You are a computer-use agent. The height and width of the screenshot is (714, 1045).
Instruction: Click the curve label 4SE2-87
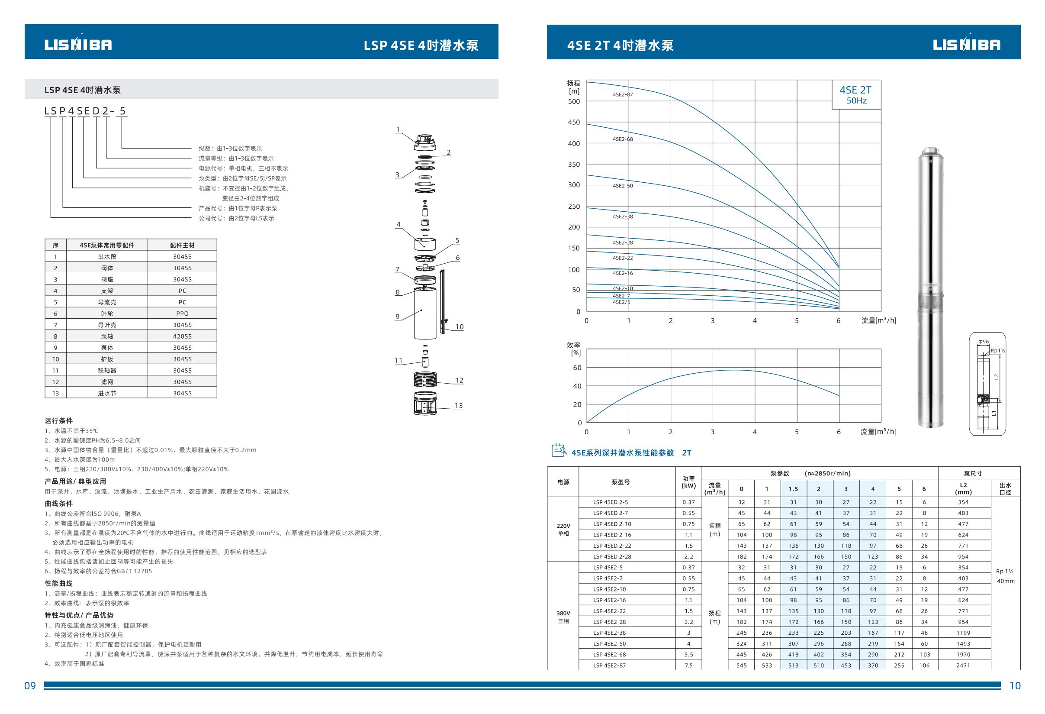(x=622, y=95)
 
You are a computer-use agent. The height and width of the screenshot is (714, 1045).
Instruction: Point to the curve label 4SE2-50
(x=622, y=186)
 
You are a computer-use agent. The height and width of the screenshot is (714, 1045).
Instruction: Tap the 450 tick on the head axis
(x=574, y=123)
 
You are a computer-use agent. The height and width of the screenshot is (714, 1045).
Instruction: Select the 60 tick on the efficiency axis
(x=577, y=368)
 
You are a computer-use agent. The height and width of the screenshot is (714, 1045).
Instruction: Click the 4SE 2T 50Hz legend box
(x=856, y=95)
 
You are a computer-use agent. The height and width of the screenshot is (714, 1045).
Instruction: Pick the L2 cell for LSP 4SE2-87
(x=963, y=666)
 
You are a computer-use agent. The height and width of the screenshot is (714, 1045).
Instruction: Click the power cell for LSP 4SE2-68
(x=688, y=655)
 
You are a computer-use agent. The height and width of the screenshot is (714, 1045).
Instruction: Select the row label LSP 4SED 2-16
(x=612, y=535)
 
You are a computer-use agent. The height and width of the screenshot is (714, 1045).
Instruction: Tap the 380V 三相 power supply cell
(x=563, y=617)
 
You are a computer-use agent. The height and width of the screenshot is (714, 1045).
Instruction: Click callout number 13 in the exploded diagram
(x=459, y=406)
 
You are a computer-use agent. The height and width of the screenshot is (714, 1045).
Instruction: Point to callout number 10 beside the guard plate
(x=460, y=327)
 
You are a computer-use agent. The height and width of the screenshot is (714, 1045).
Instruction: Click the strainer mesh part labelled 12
(x=424, y=380)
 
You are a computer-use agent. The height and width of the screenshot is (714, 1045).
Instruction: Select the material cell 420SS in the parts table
(x=182, y=336)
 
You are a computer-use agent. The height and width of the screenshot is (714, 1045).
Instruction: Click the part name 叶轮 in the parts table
(x=107, y=313)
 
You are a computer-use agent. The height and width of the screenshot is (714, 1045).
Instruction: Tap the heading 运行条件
(x=58, y=421)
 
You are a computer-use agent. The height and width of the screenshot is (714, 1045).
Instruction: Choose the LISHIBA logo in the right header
(x=966, y=45)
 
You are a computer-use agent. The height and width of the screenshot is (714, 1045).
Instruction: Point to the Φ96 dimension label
(x=984, y=342)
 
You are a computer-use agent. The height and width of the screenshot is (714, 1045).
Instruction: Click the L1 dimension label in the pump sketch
(x=994, y=413)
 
